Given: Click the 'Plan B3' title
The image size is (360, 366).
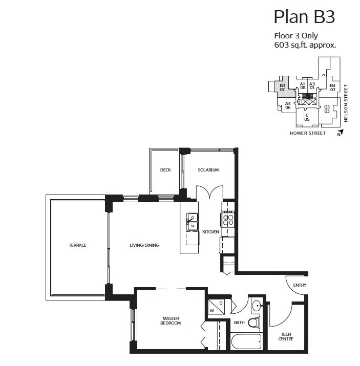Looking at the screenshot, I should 304,16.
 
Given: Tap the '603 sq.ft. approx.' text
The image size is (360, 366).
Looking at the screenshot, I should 305,45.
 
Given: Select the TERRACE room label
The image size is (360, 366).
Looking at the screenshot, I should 78,245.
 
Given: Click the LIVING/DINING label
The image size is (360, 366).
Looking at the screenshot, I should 144,245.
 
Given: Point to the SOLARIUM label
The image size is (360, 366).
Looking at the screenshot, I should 208,170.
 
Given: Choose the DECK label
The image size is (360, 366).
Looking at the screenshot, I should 165,170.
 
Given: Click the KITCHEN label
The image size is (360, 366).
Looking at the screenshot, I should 210,232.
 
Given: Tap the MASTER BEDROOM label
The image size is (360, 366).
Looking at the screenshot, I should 169,321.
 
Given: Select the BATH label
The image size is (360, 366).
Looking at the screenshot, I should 239,323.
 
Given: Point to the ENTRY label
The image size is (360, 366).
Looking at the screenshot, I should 299,285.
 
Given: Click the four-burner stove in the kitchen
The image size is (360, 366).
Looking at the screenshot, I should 228,220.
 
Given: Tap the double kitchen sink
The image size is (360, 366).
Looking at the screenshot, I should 192,222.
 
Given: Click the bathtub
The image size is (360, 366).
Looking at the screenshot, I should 246,341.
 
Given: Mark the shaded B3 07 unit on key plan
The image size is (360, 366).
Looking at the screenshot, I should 282,88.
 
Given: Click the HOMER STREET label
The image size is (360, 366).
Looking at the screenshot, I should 307,133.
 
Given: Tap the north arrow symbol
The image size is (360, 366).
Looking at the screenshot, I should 340,134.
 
